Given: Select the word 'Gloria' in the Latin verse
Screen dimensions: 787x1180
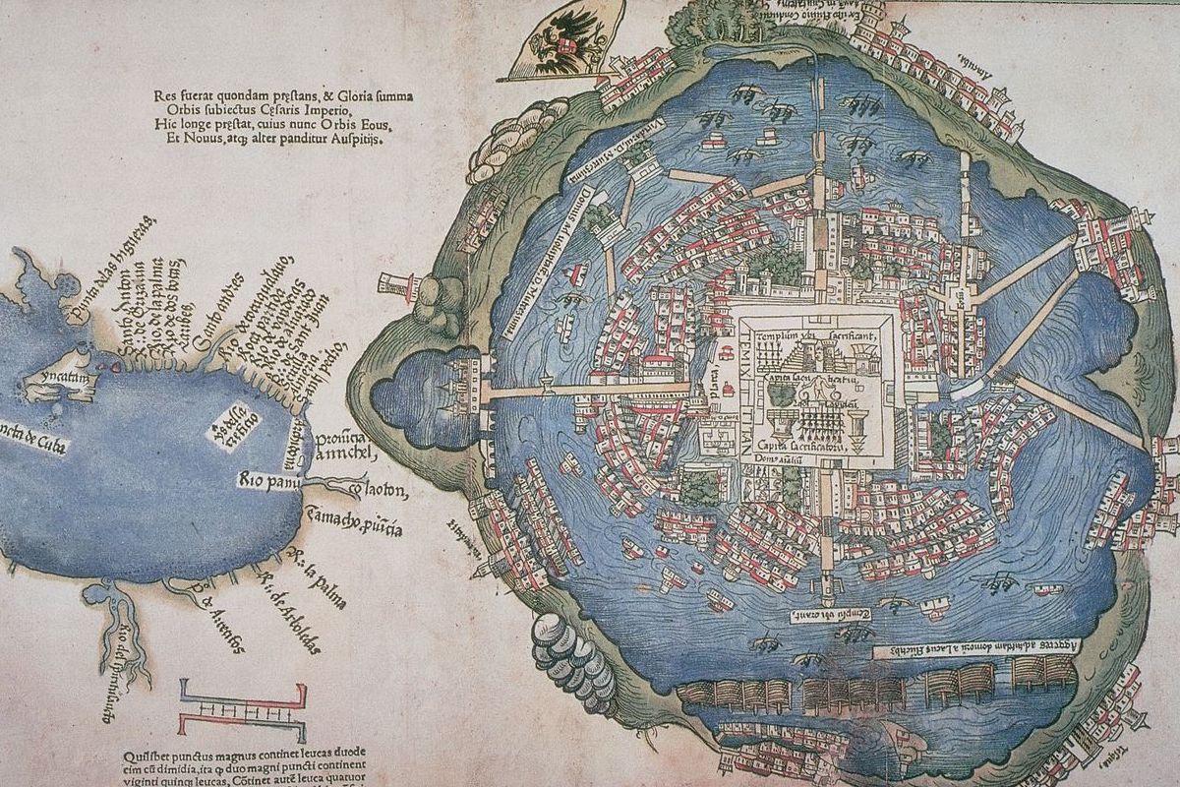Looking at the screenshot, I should tap(379, 95).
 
